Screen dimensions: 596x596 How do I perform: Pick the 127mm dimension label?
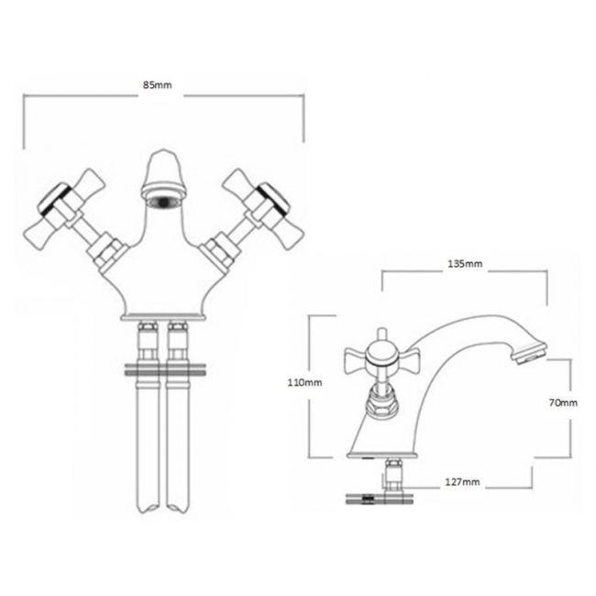pos(464,481)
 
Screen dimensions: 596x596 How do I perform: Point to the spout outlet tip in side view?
pos(530,350)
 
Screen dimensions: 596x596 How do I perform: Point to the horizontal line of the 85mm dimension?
pos(92,95)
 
